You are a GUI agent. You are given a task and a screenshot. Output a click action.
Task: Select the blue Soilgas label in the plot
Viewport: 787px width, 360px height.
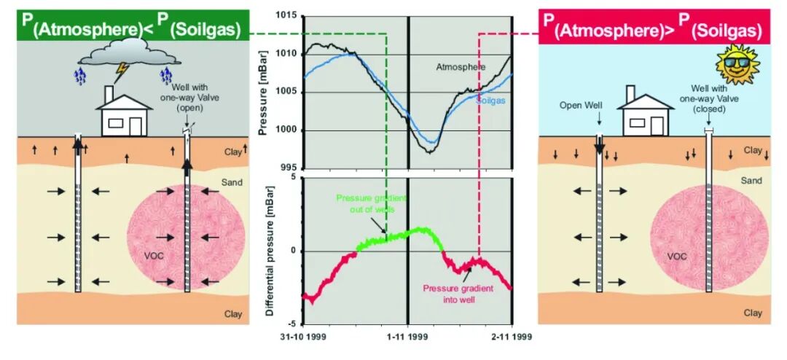coord(490,101)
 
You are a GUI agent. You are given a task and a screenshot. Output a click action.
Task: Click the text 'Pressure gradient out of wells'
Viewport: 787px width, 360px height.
coord(365,203)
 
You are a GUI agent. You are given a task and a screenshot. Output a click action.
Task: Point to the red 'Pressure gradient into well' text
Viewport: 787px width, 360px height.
coord(458,294)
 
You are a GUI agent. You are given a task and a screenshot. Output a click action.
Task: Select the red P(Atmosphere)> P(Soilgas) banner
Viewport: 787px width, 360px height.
coord(654,26)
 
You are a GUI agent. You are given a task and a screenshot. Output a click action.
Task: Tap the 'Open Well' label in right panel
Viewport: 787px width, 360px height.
coord(599,106)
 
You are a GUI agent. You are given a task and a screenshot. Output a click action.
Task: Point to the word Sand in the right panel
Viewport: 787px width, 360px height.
coord(751,181)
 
